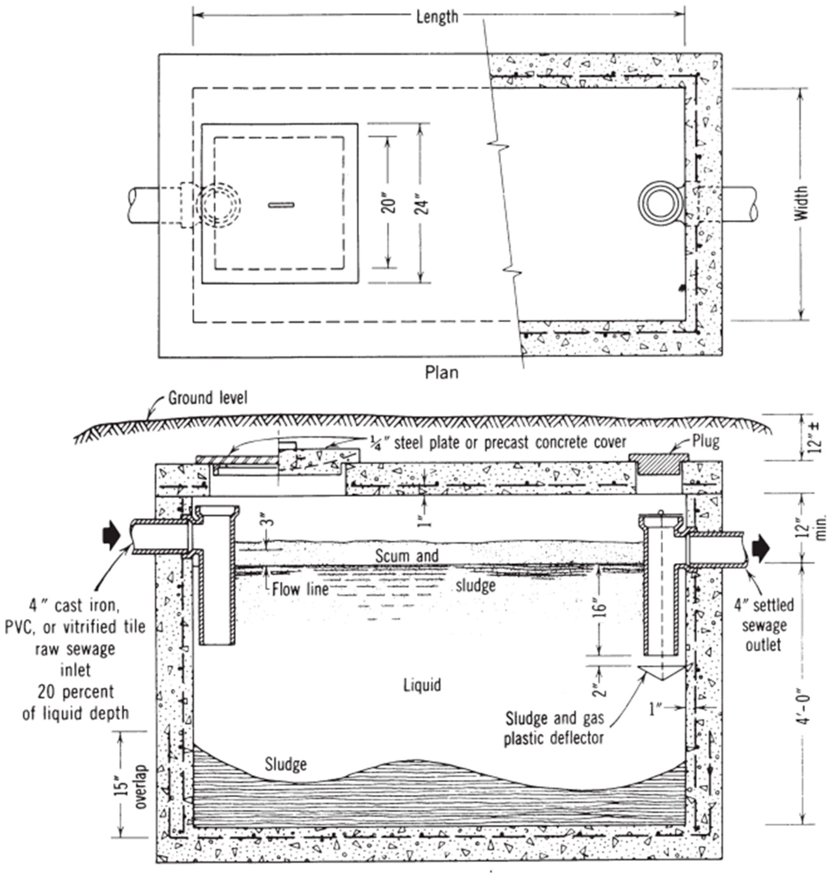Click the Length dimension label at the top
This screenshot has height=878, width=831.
click(437, 17)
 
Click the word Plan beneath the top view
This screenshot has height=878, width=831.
click(441, 372)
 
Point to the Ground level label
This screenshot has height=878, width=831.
click(207, 398)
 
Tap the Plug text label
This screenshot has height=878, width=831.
click(706, 441)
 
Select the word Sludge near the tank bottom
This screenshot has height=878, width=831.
click(286, 764)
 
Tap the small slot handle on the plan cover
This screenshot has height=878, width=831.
click(282, 204)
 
